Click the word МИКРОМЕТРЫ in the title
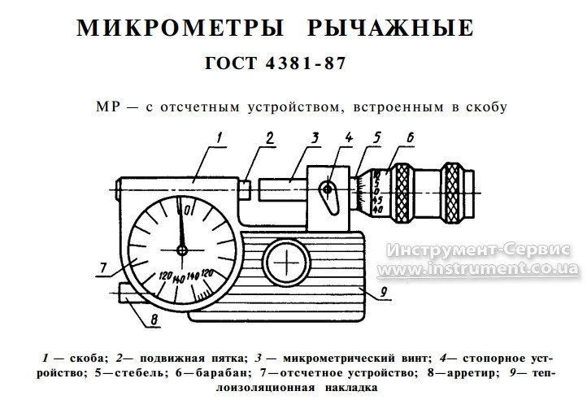pyautogui.click(x=180, y=28)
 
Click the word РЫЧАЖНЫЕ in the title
pyautogui.click(x=390, y=28)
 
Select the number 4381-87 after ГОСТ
pyautogui.click(x=305, y=63)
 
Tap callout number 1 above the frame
pyautogui.click(x=219, y=137)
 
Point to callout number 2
pyautogui.click(x=270, y=137)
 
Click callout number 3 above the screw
pyautogui.click(x=315, y=137)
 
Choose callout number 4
pyautogui.click(x=348, y=137)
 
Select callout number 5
pyautogui.click(x=376, y=137)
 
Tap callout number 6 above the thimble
pyautogui.click(x=411, y=137)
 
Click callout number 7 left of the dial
pyautogui.click(x=103, y=267)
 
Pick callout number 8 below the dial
pyautogui.click(x=154, y=320)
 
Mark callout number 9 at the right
pyautogui.click(x=384, y=292)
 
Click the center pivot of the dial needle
pyautogui.click(x=182, y=250)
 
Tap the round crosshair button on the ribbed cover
pyautogui.click(x=286, y=262)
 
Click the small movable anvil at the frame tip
pyautogui.click(x=245, y=189)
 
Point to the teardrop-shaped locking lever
pyautogui.click(x=328, y=197)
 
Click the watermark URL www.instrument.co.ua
pyautogui.click(x=478, y=268)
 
